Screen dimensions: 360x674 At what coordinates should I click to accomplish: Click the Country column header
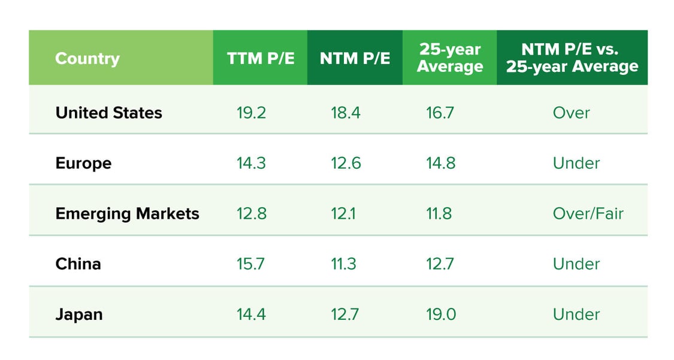(x=87, y=59)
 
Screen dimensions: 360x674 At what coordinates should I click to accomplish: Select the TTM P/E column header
(x=261, y=58)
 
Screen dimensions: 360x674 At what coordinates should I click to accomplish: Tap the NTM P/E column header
(x=355, y=58)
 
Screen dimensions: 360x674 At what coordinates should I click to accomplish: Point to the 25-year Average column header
(x=449, y=58)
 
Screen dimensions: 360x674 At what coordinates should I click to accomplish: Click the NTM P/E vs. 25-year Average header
(x=572, y=58)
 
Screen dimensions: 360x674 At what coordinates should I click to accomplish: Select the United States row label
(x=108, y=113)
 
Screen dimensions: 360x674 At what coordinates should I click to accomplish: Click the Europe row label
(x=83, y=163)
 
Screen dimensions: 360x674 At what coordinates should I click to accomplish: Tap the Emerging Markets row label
(x=127, y=213)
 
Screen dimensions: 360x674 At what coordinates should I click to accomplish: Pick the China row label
(x=78, y=264)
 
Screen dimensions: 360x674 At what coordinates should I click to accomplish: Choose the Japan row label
(x=78, y=314)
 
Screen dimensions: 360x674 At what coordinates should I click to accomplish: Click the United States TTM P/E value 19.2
(x=251, y=113)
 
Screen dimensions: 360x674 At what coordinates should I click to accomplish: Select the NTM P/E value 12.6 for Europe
(x=346, y=163)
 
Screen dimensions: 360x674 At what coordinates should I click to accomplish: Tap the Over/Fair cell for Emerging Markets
(x=588, y=213)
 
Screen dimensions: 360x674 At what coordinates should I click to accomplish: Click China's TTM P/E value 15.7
(x=251, y=264)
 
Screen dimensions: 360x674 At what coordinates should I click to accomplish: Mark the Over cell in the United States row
(x=572, y=113)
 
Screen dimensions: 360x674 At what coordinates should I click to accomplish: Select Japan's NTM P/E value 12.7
(x=346, y=314)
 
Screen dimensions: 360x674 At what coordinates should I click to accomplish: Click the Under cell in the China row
(x=576, y=264)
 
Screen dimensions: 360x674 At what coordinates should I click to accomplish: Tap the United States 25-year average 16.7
(x=440, y=113)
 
